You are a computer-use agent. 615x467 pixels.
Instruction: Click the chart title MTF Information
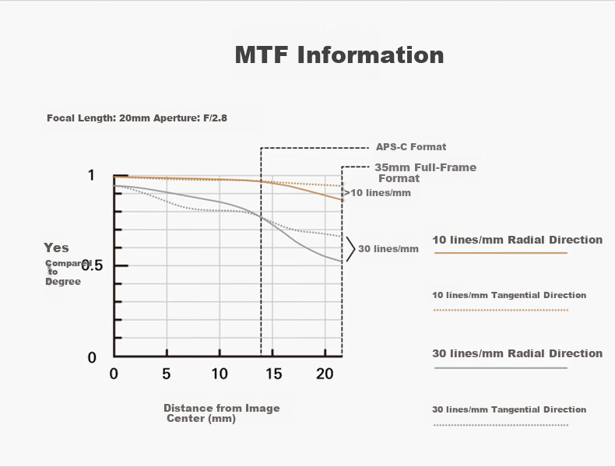[339, 54]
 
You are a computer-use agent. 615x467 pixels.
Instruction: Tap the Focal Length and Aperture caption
[137, 118]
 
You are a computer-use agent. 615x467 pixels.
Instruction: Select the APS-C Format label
[411, 147]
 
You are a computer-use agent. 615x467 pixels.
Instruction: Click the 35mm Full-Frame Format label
[426, 173]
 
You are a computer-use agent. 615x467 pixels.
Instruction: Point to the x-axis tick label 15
[273, 374]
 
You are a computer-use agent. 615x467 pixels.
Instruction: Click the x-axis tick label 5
[167, 374]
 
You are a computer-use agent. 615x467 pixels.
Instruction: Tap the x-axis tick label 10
[220, 374]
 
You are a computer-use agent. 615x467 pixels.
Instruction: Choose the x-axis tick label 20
[325, 374]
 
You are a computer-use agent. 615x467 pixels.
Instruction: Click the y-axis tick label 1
[91, 175]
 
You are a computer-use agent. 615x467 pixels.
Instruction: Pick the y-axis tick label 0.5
[92, 266]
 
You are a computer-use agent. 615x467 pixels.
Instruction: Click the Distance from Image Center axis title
[222, 413]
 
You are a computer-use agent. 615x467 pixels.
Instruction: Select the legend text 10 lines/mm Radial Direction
[518, 240]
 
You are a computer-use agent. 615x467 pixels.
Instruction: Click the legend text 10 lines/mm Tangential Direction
[509, 295]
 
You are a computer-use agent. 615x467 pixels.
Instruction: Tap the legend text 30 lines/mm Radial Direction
[518, 353]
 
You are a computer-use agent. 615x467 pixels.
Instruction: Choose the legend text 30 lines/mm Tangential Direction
[509, 409]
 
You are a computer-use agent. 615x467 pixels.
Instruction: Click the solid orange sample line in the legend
[501, 253]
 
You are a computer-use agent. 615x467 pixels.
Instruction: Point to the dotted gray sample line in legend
[501, 425]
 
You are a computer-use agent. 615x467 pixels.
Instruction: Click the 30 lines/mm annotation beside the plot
[388, 249]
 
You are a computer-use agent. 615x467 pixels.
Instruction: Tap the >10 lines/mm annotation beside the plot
[378, 193]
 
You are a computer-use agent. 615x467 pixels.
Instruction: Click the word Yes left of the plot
[56, 248]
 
